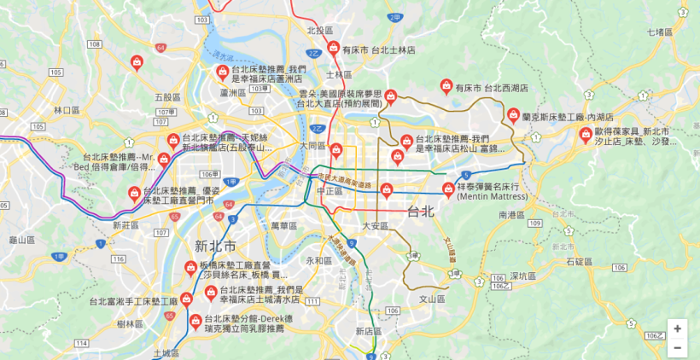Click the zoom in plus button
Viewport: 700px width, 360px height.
click(x=677, y=328)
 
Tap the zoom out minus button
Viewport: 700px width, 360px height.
click(x=677, y=348)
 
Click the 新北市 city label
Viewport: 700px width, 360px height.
click(x=214, y=247)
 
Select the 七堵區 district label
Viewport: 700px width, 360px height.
click(x=660, y=32)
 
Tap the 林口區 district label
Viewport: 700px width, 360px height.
click(x=67, y=110)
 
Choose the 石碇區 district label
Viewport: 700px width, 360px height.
click(x=579, y=261)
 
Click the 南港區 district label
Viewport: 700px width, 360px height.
click(x=514, y=216)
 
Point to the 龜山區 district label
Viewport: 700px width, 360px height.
click(x=22, y=241)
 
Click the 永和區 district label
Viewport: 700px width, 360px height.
click(x=318, y=260)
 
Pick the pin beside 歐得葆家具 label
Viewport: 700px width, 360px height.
click(x=586, y=134)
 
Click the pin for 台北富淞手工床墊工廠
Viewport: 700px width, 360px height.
click(x=185, y=300)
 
